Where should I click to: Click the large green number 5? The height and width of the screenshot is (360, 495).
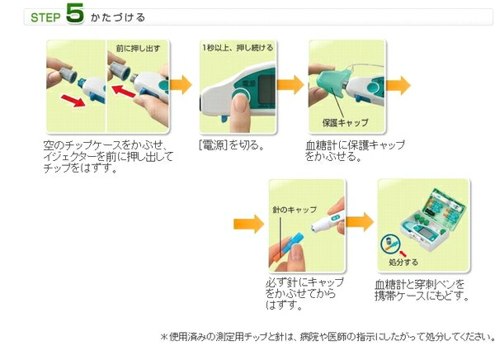[75, 13]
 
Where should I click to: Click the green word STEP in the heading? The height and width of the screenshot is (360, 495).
[45, 17]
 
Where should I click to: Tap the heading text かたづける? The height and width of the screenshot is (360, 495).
[118, 17]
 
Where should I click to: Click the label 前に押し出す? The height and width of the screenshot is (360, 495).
[138, 49]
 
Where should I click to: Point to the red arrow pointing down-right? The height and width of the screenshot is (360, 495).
[73, 101]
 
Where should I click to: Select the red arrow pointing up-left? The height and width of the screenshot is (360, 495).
[124, 91]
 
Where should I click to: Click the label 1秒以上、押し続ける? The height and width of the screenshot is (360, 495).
[238, 48]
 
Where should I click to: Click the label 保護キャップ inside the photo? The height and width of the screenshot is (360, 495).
[345, 123]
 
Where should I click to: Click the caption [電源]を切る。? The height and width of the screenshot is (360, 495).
[231, 145]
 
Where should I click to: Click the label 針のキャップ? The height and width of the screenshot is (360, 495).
[295, 210]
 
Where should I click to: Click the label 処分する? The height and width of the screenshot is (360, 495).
[403, 262]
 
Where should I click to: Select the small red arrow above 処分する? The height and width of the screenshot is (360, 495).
[403, 253]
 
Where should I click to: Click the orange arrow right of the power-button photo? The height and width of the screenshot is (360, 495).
[290, 84]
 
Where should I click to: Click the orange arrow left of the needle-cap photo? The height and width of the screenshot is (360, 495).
[249, 224]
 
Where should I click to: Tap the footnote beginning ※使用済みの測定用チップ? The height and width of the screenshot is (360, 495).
[328, 337]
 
